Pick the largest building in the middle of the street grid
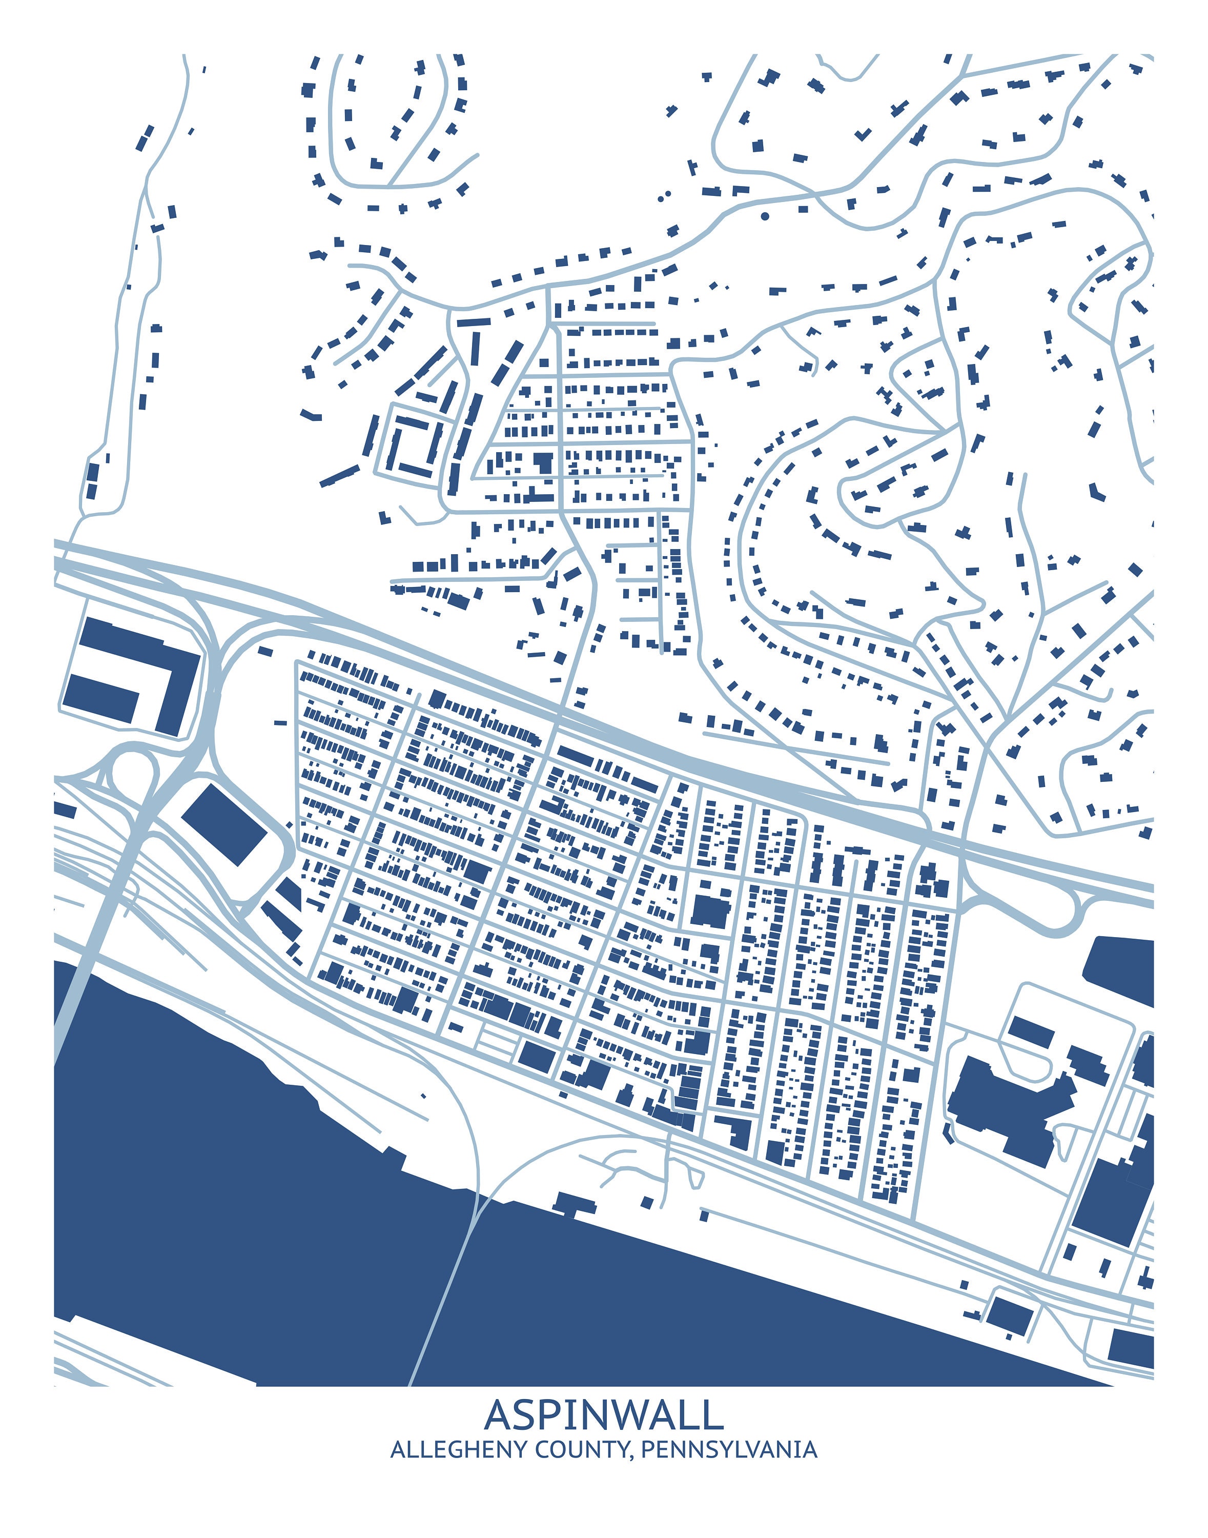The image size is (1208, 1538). [710, 911]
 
